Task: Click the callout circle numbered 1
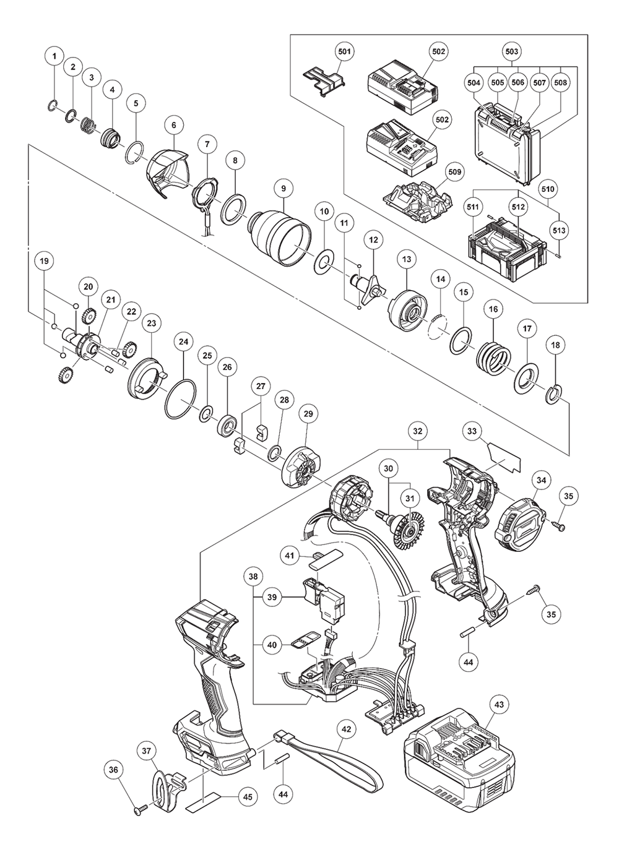(54, 56)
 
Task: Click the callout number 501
(344, 51)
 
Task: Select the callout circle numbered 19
(44, 261)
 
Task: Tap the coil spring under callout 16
(493, 358)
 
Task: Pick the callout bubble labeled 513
(558, 230)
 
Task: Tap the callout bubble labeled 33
(472, 431)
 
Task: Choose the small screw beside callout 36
(139, 809)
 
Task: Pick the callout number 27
(261, 386)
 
